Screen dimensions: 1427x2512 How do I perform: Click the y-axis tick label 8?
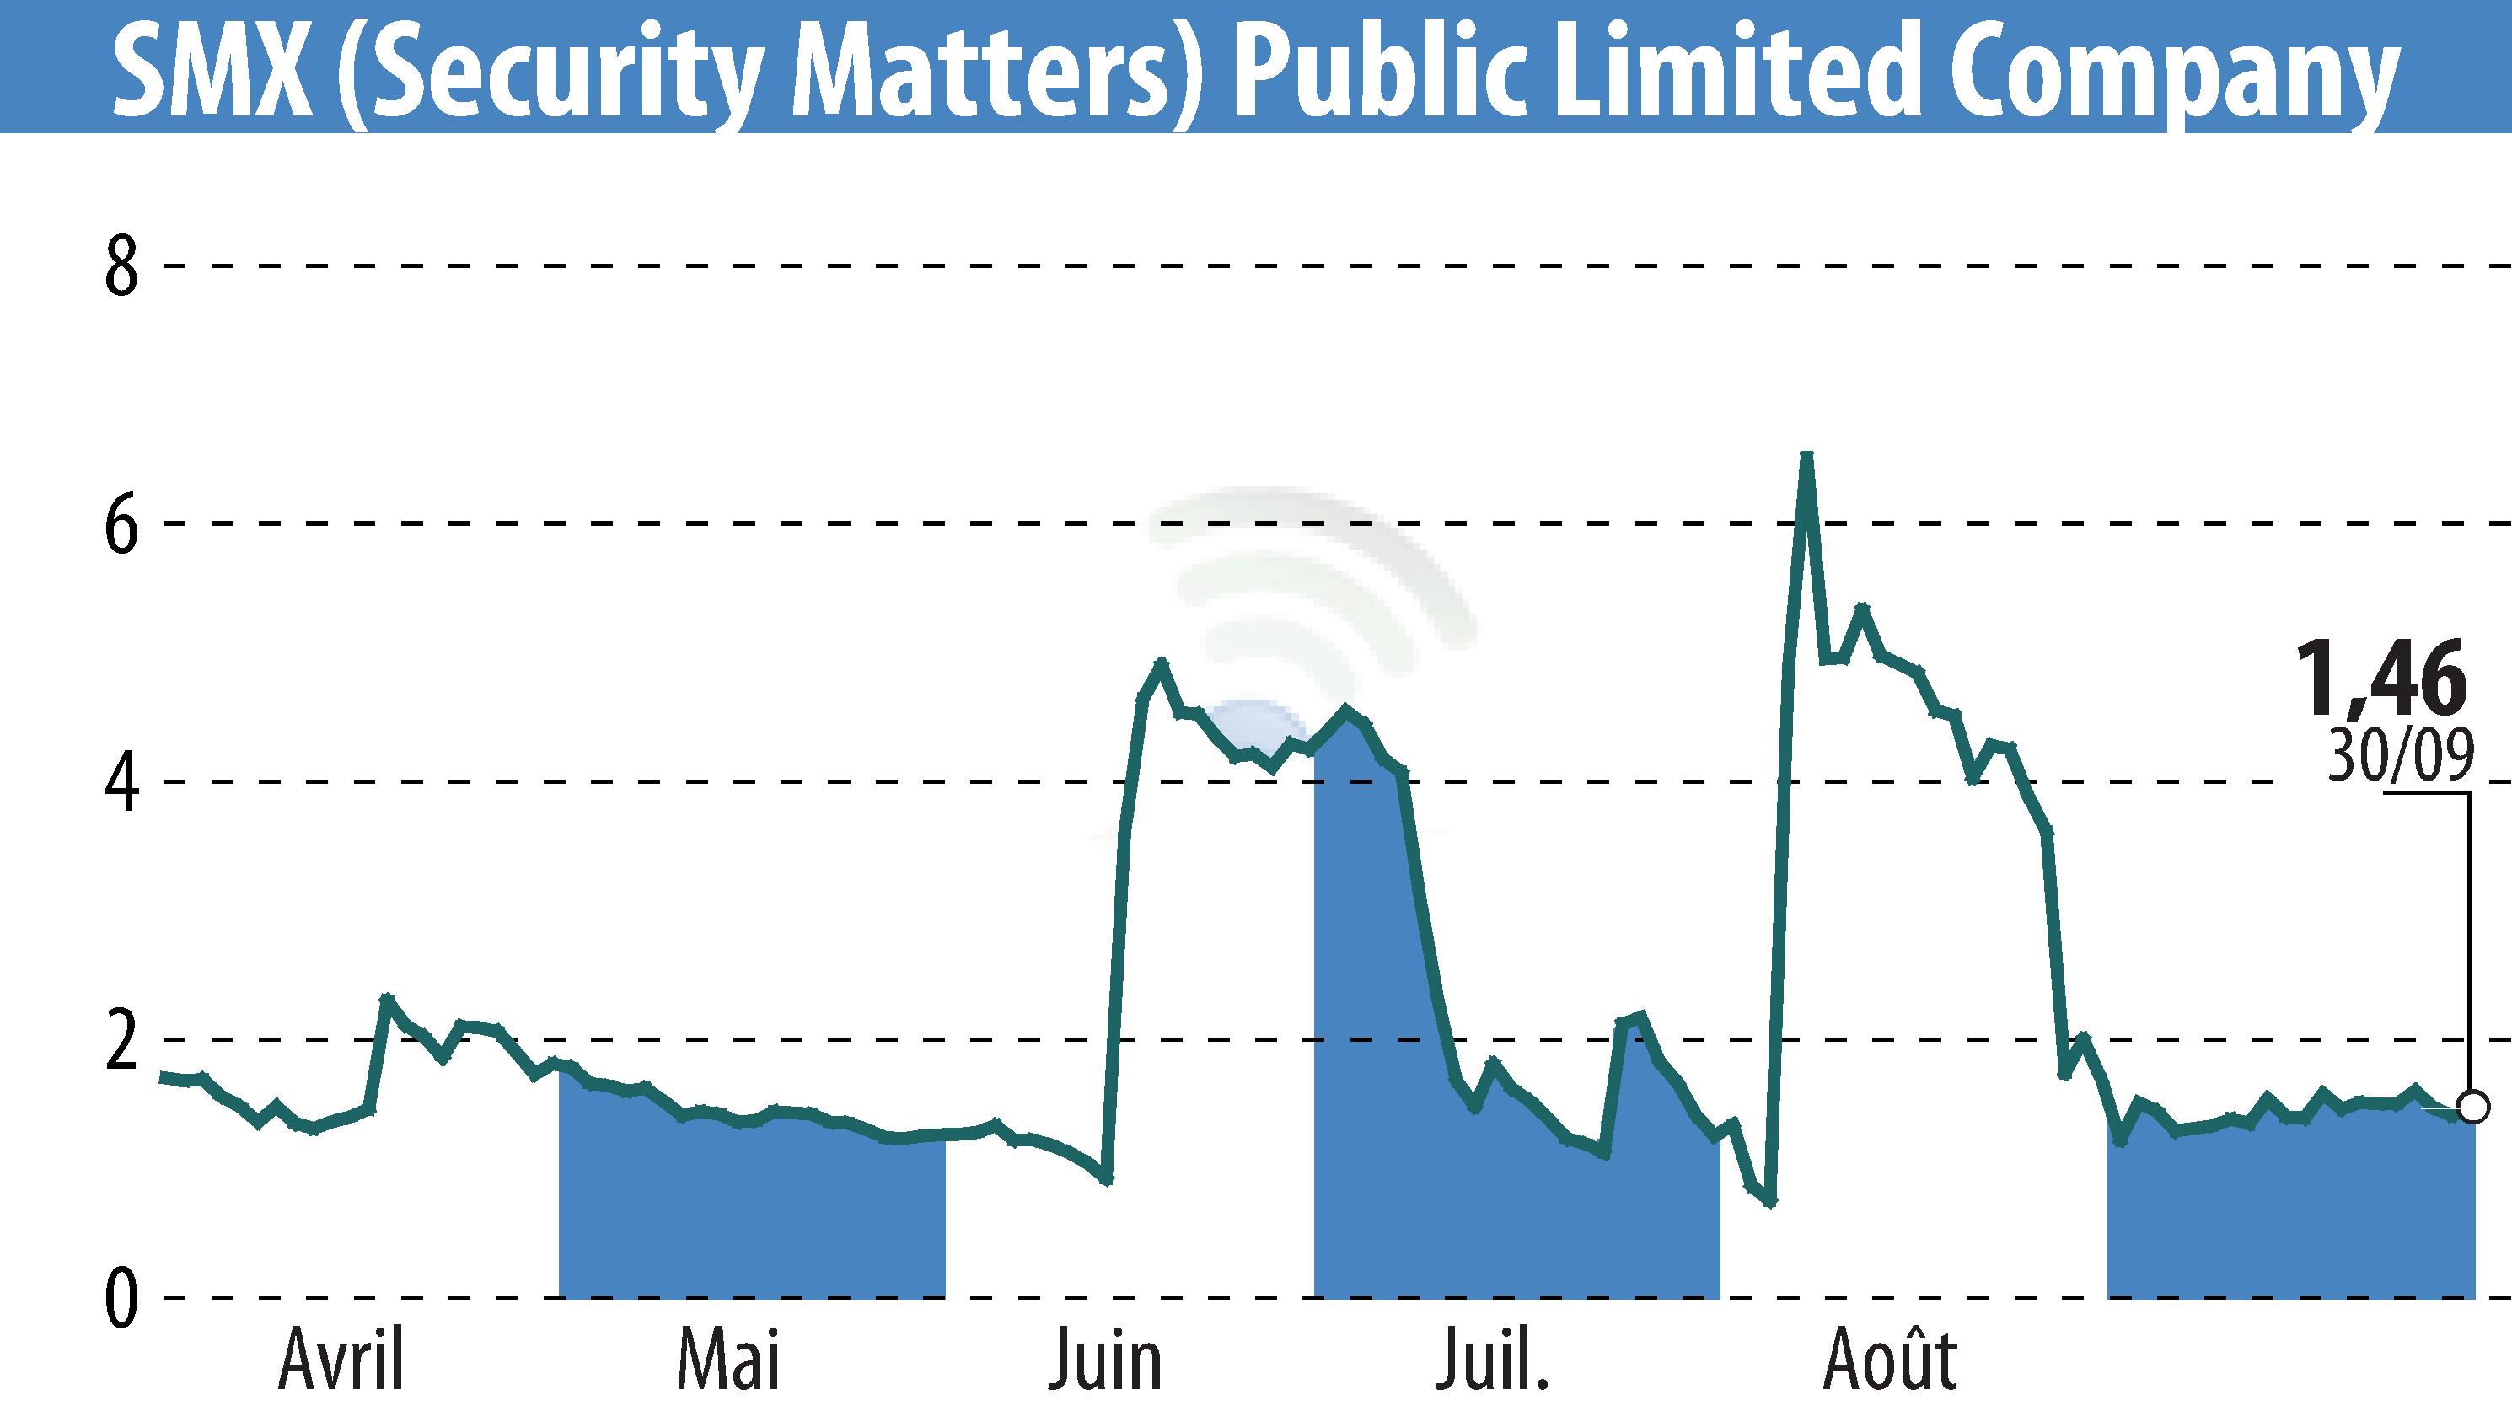(x=121, y=267)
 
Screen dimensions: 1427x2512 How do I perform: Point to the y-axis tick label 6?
(x=121, y=525)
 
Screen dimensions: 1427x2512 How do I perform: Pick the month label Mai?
(x=728, y=1360)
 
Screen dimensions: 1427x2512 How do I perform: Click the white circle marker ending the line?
(x=2474, y=1107)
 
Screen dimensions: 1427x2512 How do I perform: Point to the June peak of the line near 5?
(x=1162, y=663)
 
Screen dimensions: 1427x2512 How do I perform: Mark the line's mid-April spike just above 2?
(x=387, y=999)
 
